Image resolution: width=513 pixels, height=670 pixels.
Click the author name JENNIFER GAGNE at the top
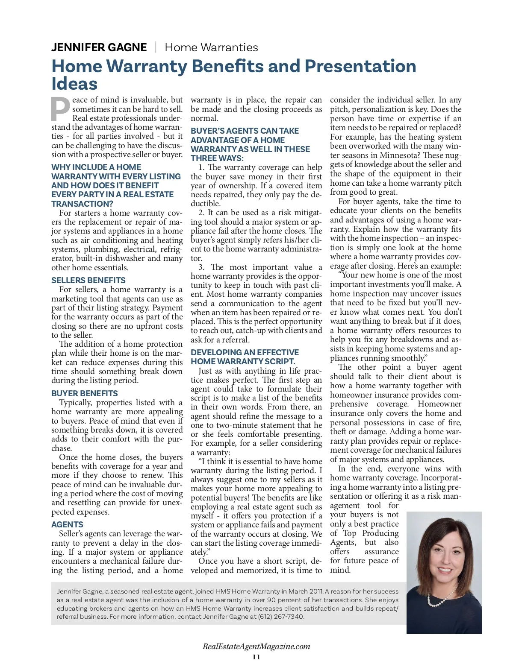coord(99,47)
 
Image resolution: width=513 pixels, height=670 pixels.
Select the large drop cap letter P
coord(60,109)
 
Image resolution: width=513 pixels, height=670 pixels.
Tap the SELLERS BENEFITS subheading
coord(88,280)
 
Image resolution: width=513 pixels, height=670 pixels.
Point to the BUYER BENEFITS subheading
coord(85,393)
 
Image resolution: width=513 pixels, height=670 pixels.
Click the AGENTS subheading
coord(67,524)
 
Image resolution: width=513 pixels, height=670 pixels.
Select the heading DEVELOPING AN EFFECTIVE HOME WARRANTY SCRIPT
coord(245,357)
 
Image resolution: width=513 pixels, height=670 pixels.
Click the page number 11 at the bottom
coord(256,657)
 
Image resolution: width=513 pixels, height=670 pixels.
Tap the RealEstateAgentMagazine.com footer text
coord(256,646)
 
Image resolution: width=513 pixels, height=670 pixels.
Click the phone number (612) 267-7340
coord(281,617)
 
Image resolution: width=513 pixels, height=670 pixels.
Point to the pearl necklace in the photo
coord(442,597)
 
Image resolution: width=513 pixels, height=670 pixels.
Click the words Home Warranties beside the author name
coord(211,47)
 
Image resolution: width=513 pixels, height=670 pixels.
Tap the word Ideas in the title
coord(74,84)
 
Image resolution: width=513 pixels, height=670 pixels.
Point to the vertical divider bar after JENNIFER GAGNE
coord(156,47)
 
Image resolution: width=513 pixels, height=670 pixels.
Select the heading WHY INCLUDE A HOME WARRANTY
coord(116,185)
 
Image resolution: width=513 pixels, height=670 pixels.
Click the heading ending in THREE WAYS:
coord(250,144)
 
